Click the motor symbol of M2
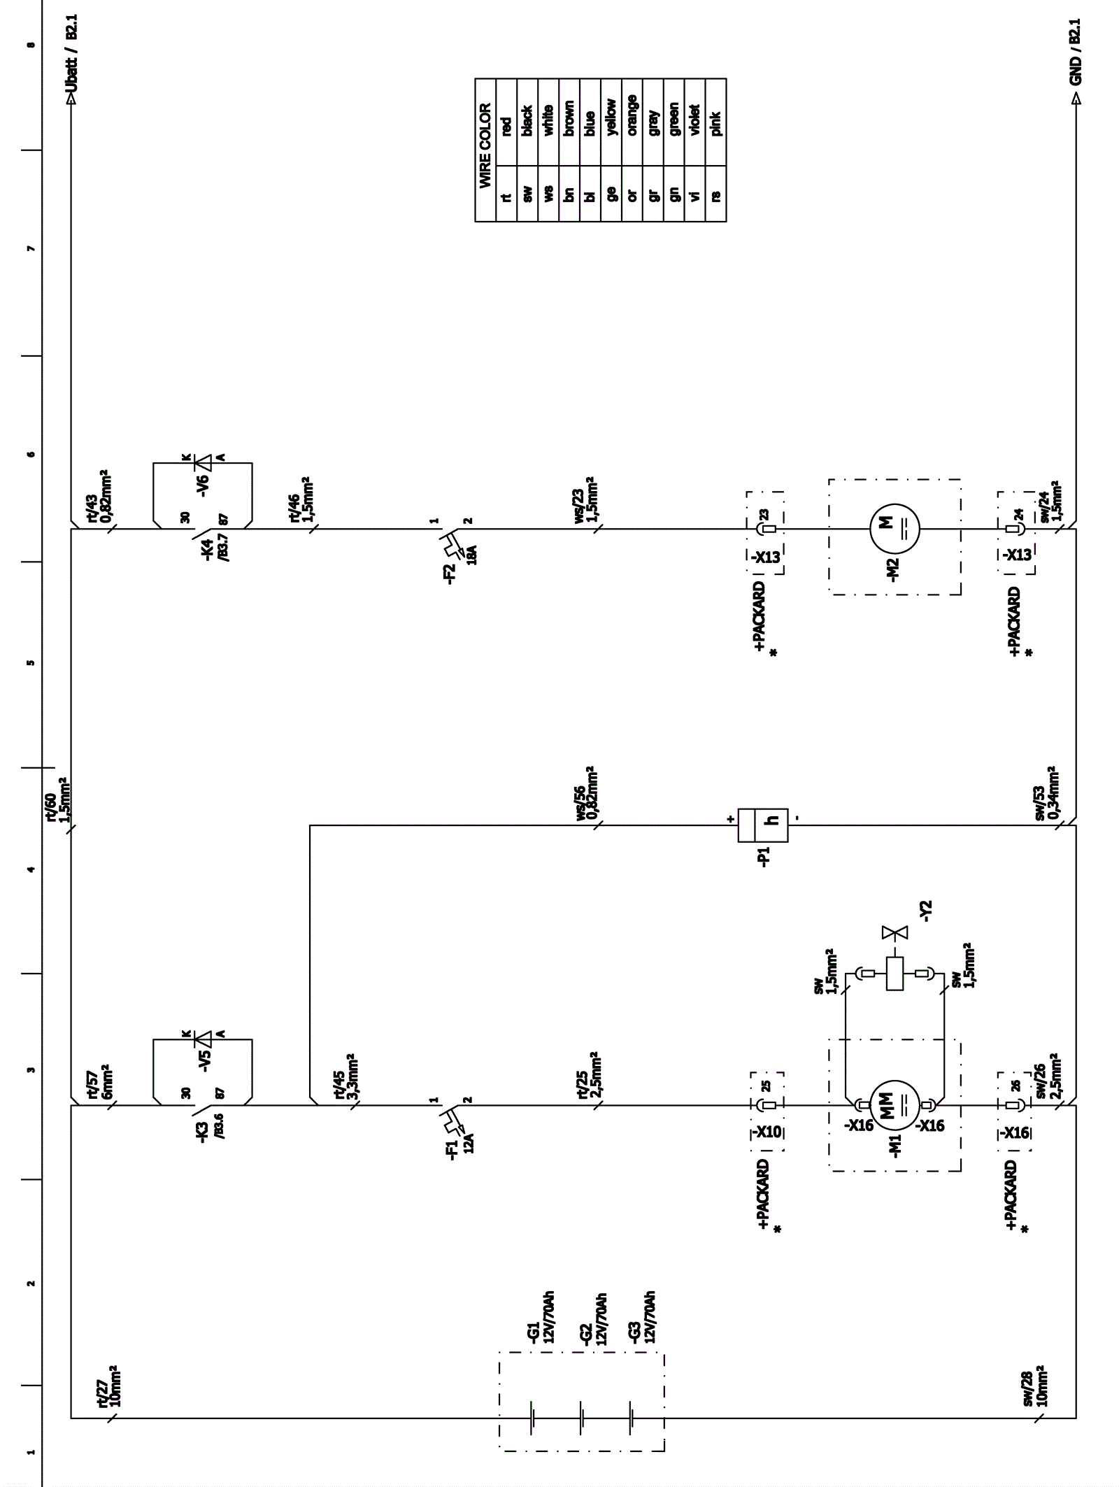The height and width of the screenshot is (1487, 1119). pos(895,529)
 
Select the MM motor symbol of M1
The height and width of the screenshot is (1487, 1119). pos(895,1105)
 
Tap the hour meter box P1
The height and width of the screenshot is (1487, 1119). pos(762,825)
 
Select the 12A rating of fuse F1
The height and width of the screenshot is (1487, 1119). pos(470,1144)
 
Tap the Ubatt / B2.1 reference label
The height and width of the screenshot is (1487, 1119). pos(76,62)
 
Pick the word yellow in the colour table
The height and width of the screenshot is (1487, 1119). pos(611,118)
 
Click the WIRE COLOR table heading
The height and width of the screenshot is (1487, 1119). pos(485,145)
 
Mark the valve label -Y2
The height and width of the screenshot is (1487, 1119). pos(927,911)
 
